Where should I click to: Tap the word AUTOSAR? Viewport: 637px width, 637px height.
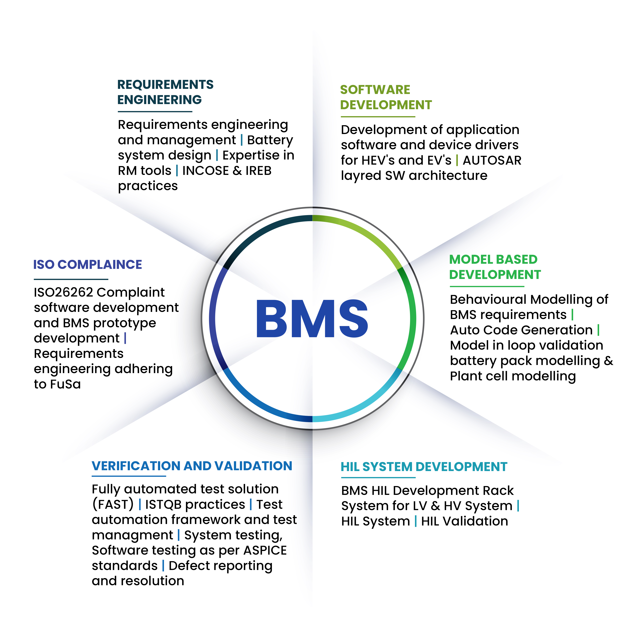pyautogui.click(x=492, y=160)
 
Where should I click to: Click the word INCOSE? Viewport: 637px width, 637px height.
pyautogui.click(x=205, y=171)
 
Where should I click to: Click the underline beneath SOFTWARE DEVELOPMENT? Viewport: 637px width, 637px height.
pyautogui.click(x=378, y=116)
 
